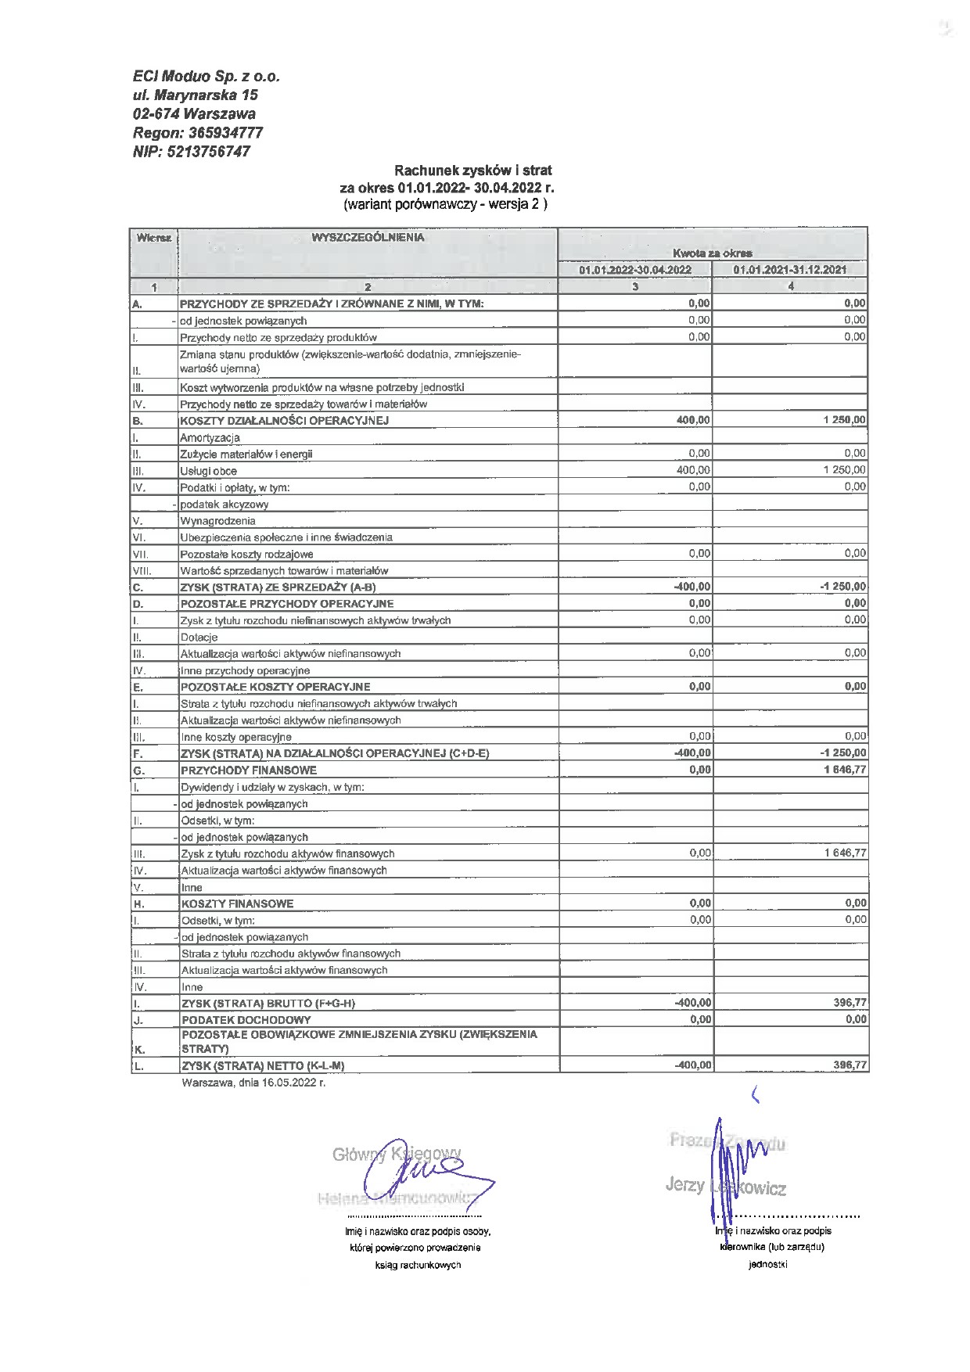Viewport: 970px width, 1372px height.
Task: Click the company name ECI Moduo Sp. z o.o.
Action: (206, 77)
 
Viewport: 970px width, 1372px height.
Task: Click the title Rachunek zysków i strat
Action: (472, 171)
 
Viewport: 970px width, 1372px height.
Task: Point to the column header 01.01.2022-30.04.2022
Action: (634, 270)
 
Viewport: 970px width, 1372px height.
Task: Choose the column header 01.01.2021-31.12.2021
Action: (789, 270)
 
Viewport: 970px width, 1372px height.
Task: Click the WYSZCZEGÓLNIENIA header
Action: (368, 238)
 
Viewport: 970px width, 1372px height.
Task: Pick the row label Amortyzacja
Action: (210, 438)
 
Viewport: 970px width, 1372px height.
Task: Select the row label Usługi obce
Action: (208, 471)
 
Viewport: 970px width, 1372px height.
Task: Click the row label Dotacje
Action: (199, 638)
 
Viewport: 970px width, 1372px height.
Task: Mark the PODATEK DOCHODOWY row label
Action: (246, 1020)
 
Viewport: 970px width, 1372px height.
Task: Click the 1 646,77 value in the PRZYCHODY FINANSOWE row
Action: (844, 770)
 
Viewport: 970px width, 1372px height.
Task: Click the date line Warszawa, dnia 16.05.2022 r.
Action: (253, 1083)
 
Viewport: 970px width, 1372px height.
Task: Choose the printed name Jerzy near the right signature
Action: (684, 1185)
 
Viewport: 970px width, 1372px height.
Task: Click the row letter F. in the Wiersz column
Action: (138, 754)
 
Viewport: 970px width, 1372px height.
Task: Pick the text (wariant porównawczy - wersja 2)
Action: (446, 205)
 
